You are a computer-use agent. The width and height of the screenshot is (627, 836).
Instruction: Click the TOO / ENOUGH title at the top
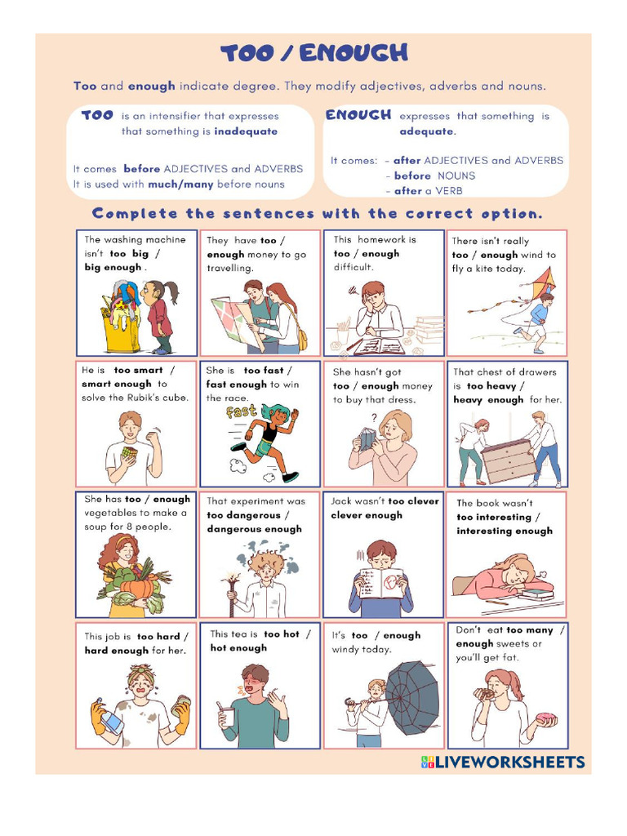(313, 54)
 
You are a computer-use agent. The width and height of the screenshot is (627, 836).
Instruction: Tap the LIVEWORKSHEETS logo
(503, 763)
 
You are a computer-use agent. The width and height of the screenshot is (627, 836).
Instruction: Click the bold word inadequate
(246, 131)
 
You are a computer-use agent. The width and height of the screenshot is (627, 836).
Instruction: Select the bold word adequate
(427, 131)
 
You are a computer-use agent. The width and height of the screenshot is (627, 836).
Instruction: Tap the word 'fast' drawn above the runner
(242, 412)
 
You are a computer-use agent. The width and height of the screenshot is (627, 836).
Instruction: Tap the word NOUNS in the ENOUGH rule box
(456, 176)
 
